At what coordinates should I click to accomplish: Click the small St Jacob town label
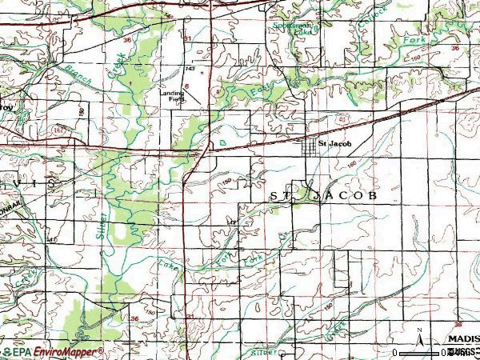(335, 144)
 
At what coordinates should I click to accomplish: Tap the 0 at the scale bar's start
(395, 352)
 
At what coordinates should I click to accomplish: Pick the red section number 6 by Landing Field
(186, 85)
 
